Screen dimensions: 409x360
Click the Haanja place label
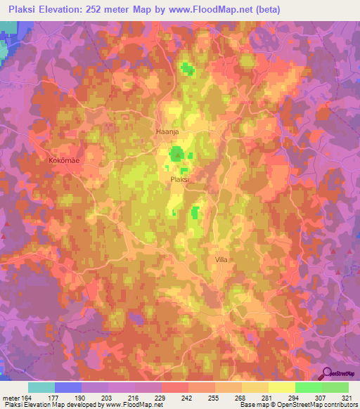pos(166,131)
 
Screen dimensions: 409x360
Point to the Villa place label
pos(221,259)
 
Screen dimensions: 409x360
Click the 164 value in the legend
pos(26,397)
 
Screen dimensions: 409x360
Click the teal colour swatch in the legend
pos(41,387)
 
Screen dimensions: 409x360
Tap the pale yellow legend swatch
pos(281,387)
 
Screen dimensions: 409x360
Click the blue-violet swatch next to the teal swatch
pos(68,387)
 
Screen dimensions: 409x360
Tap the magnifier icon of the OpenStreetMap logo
pos(327,372)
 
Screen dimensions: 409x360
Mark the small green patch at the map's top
pos(186,68)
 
